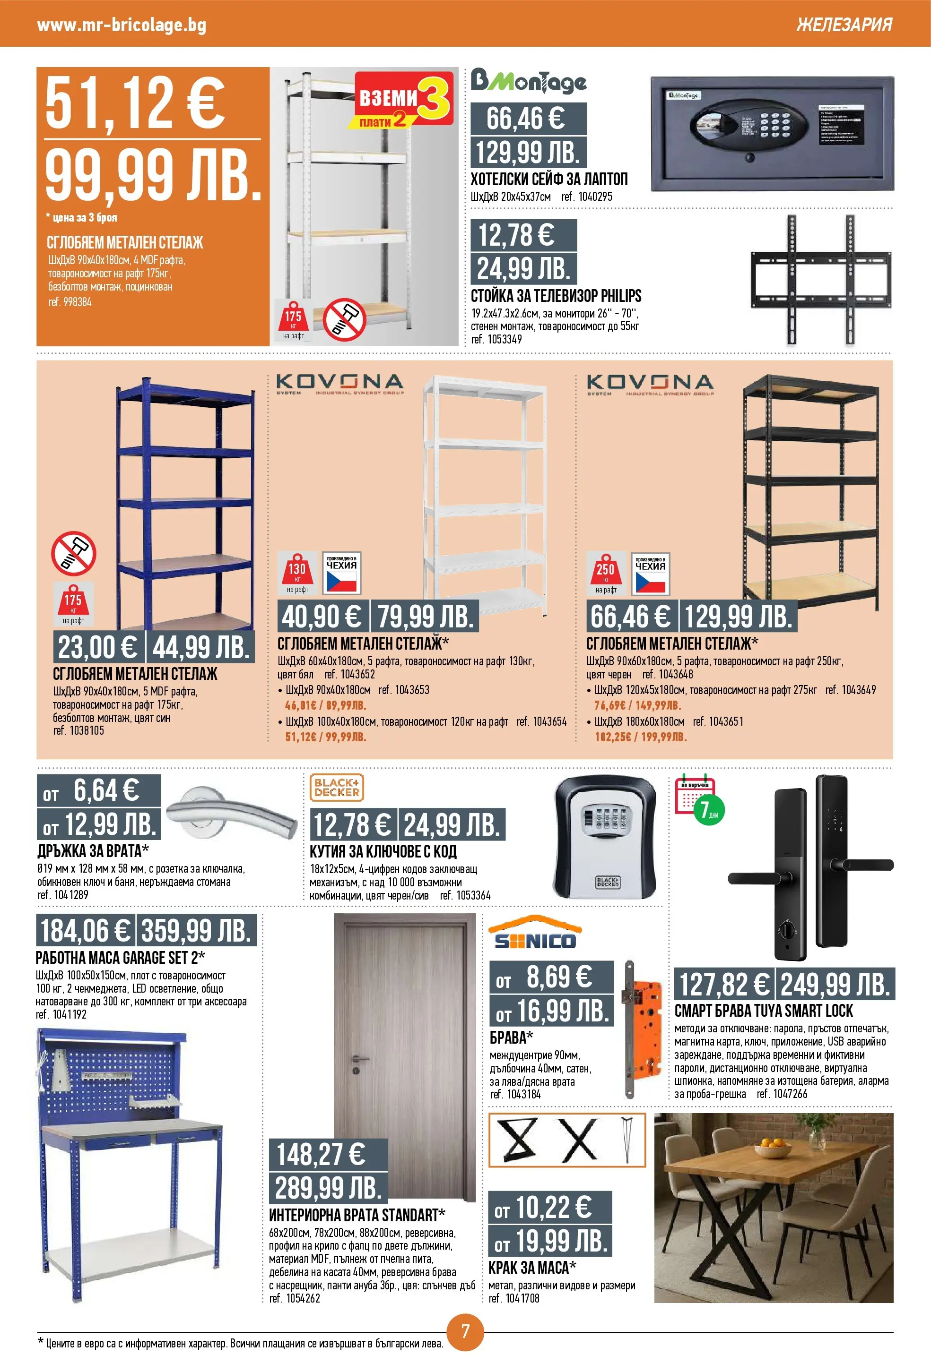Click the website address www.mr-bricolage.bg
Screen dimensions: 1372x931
tap(121, 25)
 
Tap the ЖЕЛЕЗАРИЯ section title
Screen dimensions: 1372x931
tap(844, 25)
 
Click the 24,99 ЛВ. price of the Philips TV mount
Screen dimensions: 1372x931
tap(523, 269)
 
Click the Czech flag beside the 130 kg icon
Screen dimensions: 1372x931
tap(341, 580)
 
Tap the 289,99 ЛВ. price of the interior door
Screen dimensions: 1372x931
tap(327, 1187)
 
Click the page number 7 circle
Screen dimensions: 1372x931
tap(465, 1331)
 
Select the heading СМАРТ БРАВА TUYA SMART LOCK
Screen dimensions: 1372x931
tap(763, 1011)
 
